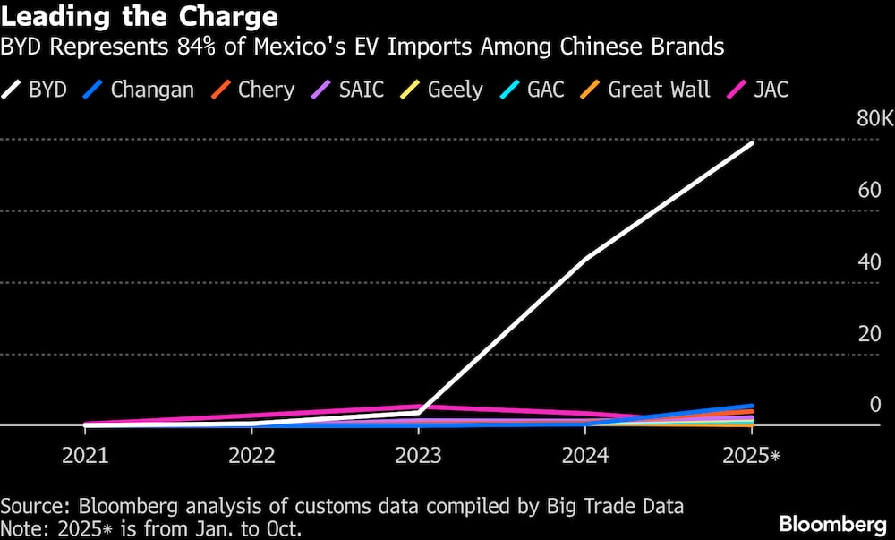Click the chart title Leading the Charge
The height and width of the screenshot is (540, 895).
[139, 16]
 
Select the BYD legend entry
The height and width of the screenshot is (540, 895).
[36, 90]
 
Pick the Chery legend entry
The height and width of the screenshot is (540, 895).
[252, 90]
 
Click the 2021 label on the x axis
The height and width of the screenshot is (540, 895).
[85, 456]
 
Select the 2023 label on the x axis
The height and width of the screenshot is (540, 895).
[418, 456]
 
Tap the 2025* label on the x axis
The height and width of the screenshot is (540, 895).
[750, 456]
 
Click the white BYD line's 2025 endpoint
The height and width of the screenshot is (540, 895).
[752, 142]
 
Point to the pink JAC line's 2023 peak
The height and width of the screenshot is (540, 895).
[418, 407]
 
